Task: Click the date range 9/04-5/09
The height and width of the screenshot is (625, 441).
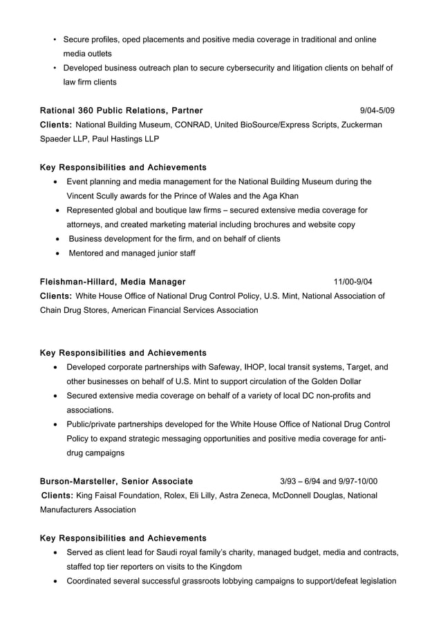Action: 377,111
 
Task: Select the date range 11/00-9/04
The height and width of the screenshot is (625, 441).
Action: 353,282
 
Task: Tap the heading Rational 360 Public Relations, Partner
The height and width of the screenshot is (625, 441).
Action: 121,111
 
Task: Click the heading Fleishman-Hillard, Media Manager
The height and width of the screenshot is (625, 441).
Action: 113,282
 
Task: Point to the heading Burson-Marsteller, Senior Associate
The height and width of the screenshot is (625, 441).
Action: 116,481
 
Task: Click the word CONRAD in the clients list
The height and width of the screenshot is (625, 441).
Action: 194,125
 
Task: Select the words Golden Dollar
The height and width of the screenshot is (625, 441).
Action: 334,381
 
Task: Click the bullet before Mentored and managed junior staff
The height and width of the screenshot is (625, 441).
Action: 57,253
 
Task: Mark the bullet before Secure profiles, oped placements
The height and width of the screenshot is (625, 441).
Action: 54,39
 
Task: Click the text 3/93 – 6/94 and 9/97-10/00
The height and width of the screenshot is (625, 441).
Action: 328,481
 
